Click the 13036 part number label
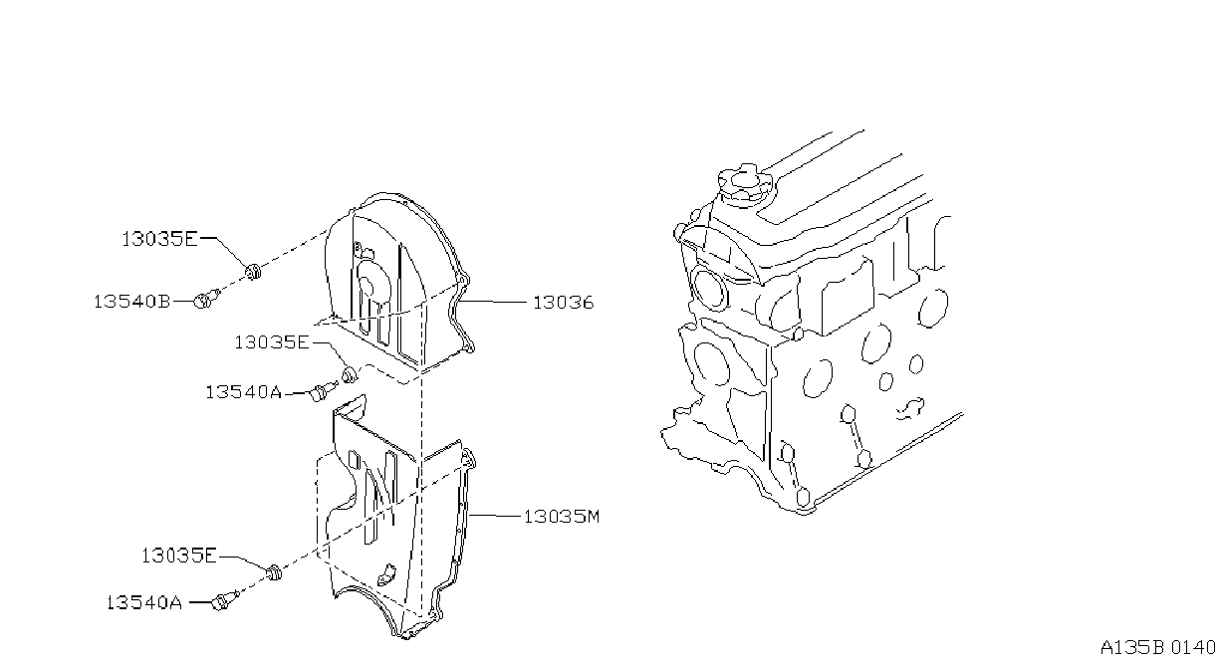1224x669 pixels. (563, 302)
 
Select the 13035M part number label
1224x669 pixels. (562, 516)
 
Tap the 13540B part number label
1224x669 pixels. (131, 301)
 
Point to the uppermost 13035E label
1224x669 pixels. (159, 239)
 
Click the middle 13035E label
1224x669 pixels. (272, 342)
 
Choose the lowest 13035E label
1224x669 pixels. (179, 556)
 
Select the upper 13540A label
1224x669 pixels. (243, 392)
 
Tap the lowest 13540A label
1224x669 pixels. (143, 602)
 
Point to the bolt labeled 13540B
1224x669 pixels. (206, 299)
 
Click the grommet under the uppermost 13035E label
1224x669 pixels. (252, 272)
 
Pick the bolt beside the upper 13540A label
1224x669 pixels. (324, 391)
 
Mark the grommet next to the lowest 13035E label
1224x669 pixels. (274, 571)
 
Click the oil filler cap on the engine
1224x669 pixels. (744, 184)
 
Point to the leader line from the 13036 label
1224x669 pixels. (494, 301)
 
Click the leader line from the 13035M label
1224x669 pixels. (495, 515)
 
